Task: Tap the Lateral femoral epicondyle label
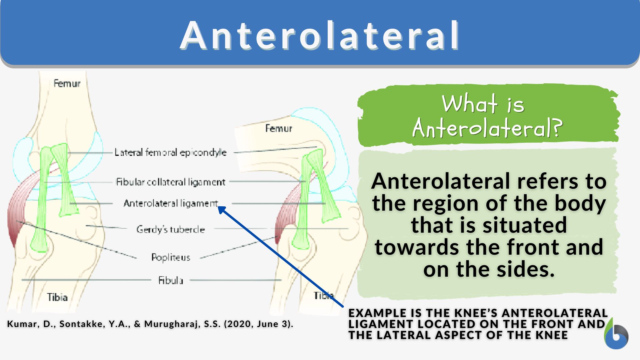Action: coord(170,153)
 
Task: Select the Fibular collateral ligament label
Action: coord(170,182)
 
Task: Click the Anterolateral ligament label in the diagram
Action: coord(170,203)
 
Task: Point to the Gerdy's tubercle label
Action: coord(170,229)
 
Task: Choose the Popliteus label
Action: coord(170,257)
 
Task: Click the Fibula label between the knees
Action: coord(170,280)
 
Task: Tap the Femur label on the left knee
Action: coord(67,83)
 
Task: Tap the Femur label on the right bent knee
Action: coord(278,128)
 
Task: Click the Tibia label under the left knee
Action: coord(57,297)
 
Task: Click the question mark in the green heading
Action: coord(557,128)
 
